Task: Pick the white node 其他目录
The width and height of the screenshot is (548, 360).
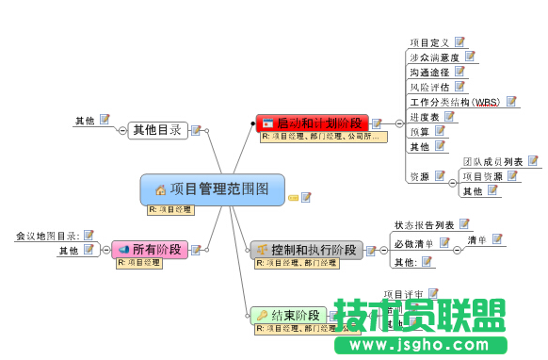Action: pyautogui.click(x=157, y=130)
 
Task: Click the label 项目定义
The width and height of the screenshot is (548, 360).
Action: pyautogui.click(x=431, y=42)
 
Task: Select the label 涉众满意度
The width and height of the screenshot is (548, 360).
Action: pyautogui.click(x=434, y=57)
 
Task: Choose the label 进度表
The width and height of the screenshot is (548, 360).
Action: pyautogui.click(x=425, y=117)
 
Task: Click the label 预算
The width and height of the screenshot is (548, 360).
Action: pyautogui.click(x=419, y=131)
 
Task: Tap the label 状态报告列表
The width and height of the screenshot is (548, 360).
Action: pyautogui.click(x=424, y=225)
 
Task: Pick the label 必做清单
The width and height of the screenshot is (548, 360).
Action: pyautogui.click(x=414, y=243)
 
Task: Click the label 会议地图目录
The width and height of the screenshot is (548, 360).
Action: pyautogui.click(x=48, y=235)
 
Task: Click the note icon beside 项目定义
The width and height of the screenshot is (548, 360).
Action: pyautogui.click(x=460, y=41)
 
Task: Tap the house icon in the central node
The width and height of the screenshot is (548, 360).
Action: pyautogui.click(x=160, y=189)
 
